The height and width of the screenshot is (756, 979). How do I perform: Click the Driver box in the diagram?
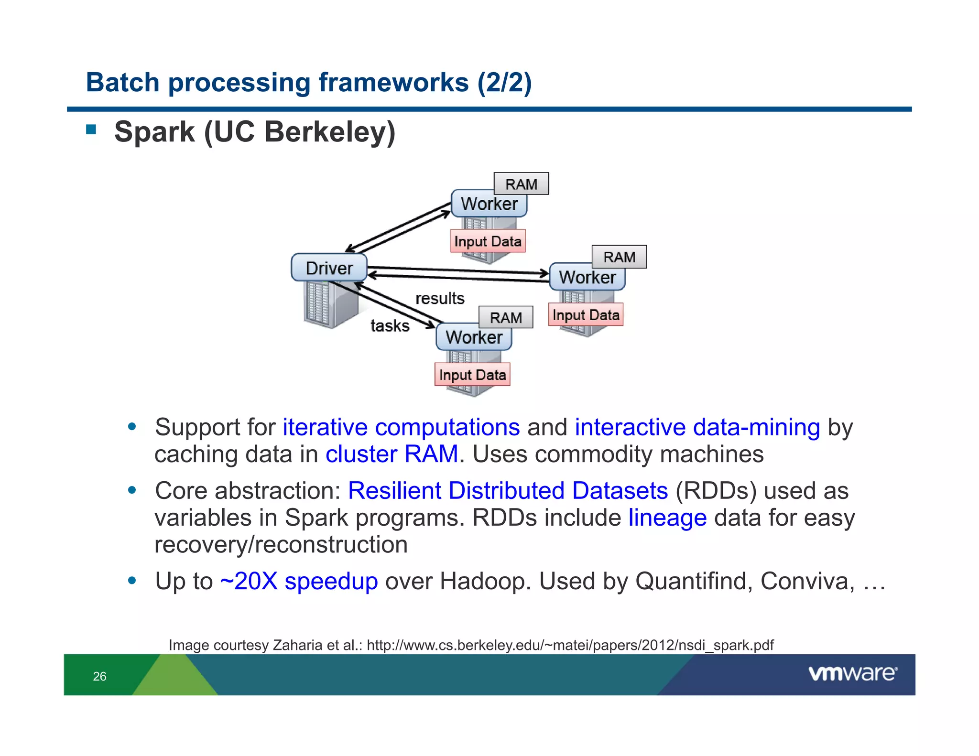coord(329,268)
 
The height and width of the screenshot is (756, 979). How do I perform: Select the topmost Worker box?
coord(489,204)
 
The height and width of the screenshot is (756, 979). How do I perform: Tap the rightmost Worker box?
coord(587,277)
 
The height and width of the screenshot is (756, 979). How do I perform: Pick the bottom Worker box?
coord(474,337)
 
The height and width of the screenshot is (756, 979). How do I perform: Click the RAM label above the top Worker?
coord(521,184)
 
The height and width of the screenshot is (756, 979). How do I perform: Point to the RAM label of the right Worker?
coord(619,257)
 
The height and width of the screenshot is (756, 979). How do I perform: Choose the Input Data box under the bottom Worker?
coord(472,375)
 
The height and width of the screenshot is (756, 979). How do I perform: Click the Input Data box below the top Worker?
coord(488,241)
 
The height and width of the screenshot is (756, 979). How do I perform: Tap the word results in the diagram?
coord(440,299)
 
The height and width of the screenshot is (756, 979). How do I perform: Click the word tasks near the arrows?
coord(390,326)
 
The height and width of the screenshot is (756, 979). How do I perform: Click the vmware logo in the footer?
coord(852,674)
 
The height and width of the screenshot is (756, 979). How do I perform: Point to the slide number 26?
coord(99,676)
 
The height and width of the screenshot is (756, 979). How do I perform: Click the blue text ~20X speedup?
coord(299,582)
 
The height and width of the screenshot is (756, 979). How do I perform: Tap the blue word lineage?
coord(667,518)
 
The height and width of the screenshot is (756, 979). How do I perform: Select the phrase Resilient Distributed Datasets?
coord(508,491)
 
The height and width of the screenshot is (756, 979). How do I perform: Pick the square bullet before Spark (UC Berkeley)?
coord(91,130)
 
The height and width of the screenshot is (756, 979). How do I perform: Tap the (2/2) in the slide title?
coord(504,82)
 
